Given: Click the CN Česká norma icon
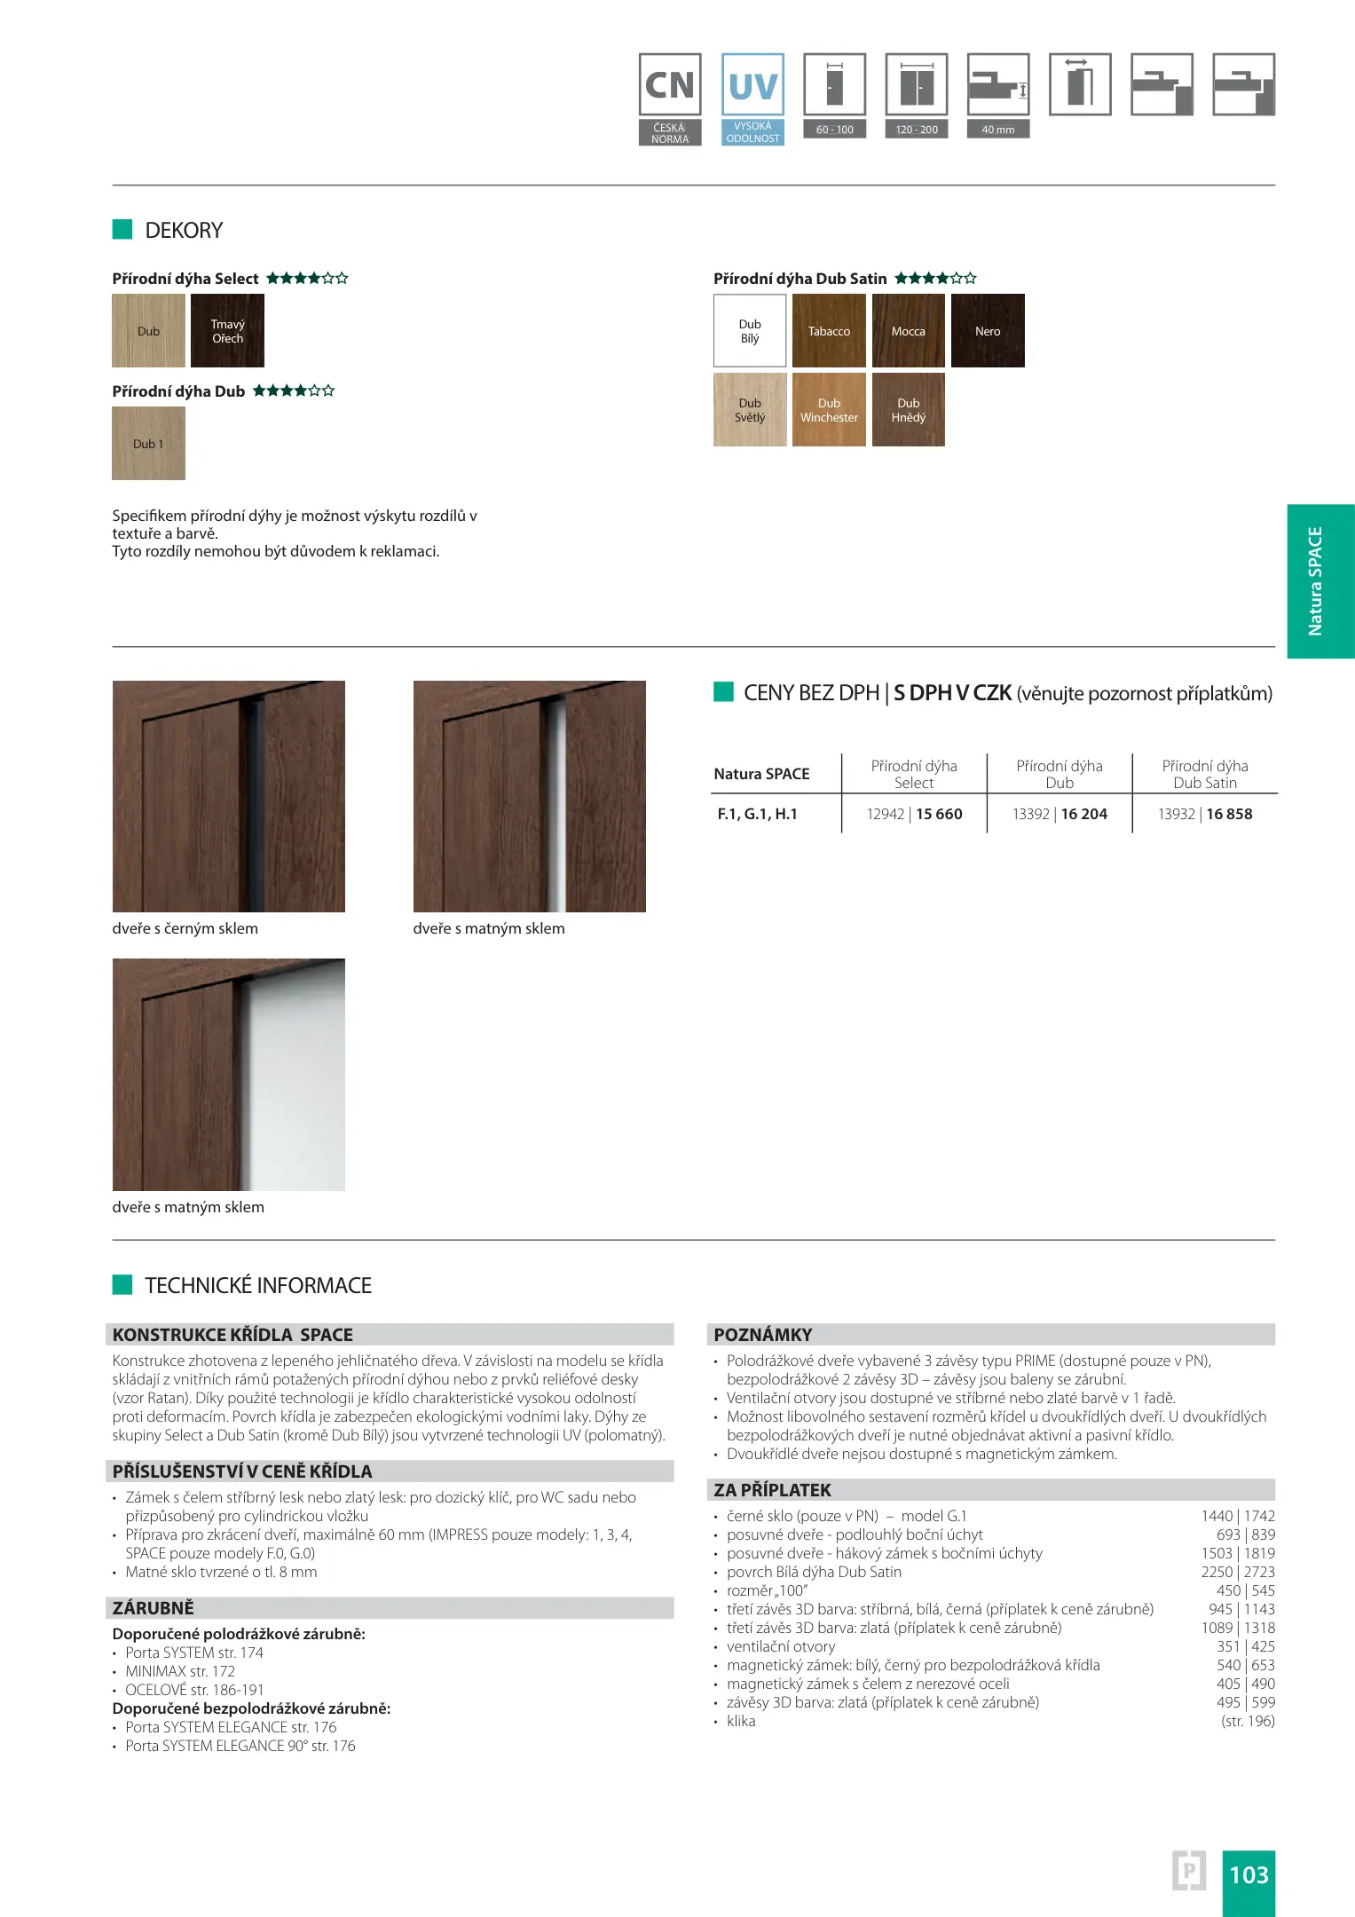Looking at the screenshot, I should tap(670, 99).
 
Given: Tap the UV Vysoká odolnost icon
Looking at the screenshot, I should tap(752, 99).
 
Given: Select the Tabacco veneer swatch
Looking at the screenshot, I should tap(829, 331).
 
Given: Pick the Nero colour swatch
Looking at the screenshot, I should tap(988, 331).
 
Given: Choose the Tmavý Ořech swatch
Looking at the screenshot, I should tap(227, 331).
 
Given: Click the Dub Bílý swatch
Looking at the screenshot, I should tap(750, 331).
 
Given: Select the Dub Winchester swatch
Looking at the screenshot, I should tap(829, 410).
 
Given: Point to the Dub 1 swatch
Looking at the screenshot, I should tap(148, 444).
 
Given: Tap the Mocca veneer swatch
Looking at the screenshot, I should tap(908, 331).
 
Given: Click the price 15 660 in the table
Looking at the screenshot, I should tap(939, 814).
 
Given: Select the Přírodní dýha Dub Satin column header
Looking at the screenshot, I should tap(1204, 774).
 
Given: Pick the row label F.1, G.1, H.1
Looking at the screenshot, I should tap(757, 814).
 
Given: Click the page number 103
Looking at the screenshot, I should tap(1249, 1874).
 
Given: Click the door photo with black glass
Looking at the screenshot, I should tap(228, 796).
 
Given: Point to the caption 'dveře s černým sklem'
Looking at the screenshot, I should tap(185, 928).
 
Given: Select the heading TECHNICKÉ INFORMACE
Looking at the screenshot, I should tap(257, 1285).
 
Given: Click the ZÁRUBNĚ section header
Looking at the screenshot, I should tap(153, 1607).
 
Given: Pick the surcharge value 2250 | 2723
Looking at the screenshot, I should tap(1238, 1572).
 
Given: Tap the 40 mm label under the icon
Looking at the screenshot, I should tap(997, 130).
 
